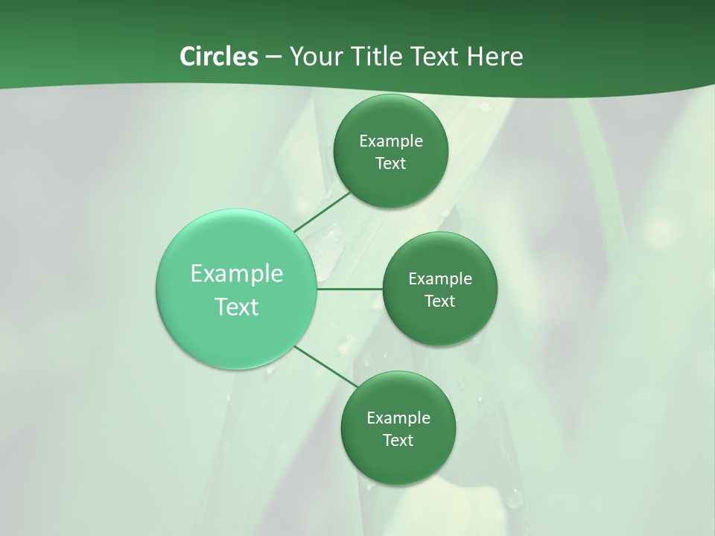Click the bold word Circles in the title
coord(218,57)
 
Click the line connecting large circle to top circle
coord(322,211)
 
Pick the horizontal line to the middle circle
coord(350,289)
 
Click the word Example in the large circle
coord(237,274)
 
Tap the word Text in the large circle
coord(237,307)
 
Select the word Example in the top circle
coord(391,141)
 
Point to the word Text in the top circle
coord(390,164)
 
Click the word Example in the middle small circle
coord(440,279)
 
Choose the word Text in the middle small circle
coord(439,301)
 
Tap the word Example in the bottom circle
coord(398,418)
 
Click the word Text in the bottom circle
coord(398,441)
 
